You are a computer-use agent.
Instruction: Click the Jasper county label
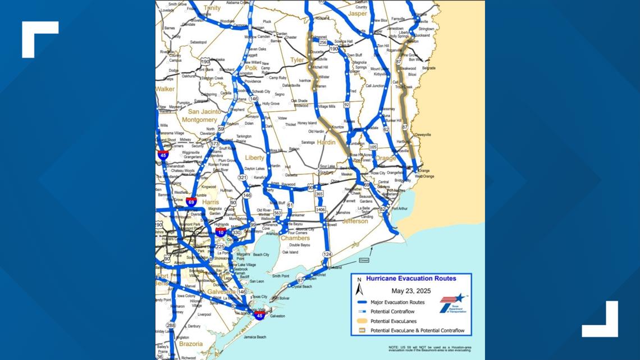point(357,13)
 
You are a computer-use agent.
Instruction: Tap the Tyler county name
point(296,60)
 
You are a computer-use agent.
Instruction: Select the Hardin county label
point(326,142)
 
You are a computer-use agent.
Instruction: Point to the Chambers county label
point(295,238)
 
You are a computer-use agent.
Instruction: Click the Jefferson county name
point(355,221)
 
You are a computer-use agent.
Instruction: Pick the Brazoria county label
point(191,344)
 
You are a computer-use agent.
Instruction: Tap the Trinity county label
point(212,8)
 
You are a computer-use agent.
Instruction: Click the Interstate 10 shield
point(221,231)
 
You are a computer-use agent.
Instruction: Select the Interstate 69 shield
point(191,201)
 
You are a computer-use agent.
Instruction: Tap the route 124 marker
point(327,254)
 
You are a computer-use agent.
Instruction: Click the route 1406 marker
point(320,209)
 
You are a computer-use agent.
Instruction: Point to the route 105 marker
point(373,147)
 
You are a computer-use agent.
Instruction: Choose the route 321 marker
point(242,177)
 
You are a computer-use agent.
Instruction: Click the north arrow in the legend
point(359,289)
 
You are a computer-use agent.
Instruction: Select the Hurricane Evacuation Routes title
point(411,279)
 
